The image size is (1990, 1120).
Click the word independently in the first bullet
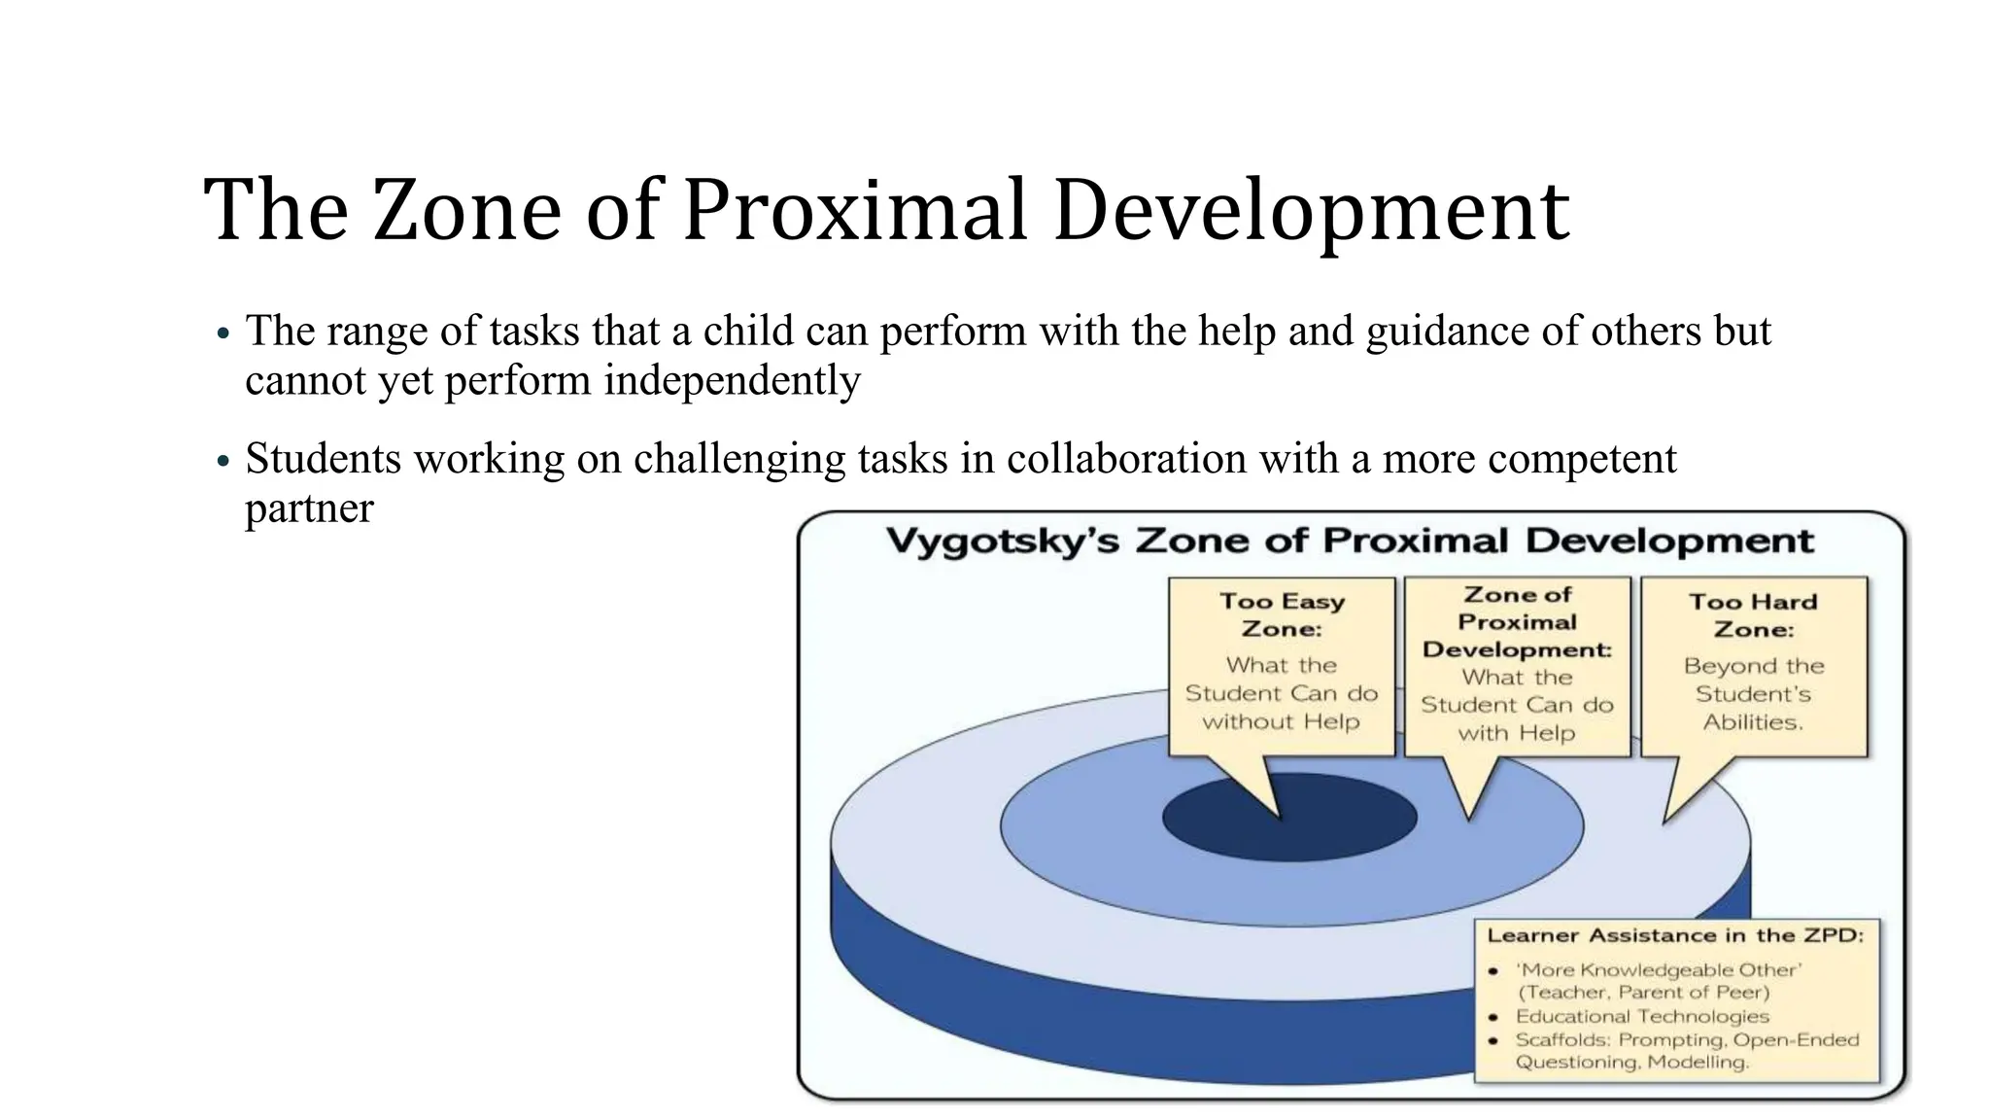(x=732, y=380)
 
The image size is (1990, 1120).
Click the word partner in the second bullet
(x=309, y=507)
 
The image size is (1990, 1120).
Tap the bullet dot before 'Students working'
(x=223, y=461)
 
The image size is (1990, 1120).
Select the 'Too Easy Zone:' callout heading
(x=1282, y=614)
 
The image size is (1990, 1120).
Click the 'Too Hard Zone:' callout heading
(x=1753, y=615)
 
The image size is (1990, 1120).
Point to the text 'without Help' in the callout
(x=1281, y=721)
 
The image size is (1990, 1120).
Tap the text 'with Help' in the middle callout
(x=1516, y=733)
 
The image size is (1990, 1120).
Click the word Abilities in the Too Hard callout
(x=1751, y=722)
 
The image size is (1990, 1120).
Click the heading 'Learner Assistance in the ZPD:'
(x=1675, y=935)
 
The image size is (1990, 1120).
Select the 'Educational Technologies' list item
(x=1642, y=1016)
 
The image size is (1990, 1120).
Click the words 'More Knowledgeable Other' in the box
(x=1659, y=969)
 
